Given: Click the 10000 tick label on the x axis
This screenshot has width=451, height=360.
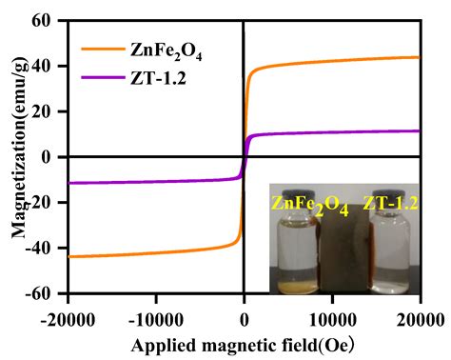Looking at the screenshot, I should coord(332,314).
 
